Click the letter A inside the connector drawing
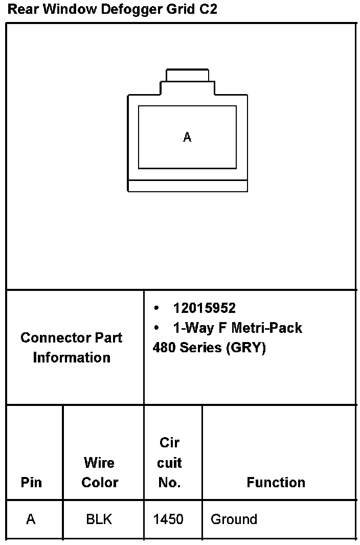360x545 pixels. [x=187, y=137]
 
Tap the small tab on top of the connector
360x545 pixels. [x=187, y=75]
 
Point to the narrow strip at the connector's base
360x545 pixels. [x=187, y=186]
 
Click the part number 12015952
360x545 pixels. [x=204, y=308]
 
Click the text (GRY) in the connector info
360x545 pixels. [x=246, y=348]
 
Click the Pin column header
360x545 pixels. [x=31, y=482]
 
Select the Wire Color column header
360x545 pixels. [x=100, y=472]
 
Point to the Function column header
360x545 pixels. [x=276, y=482]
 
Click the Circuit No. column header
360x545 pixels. [x=169, y=462]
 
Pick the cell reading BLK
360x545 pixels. [x=99, y=519]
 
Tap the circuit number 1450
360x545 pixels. [x=168, y=519]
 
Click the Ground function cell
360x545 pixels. [x=234, y=519]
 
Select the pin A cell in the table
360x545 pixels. [x=31, y=519]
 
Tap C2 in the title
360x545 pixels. [x=208, y=9]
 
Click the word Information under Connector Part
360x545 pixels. [x=72, y=357]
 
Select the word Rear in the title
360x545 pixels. [x=21, y=9]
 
